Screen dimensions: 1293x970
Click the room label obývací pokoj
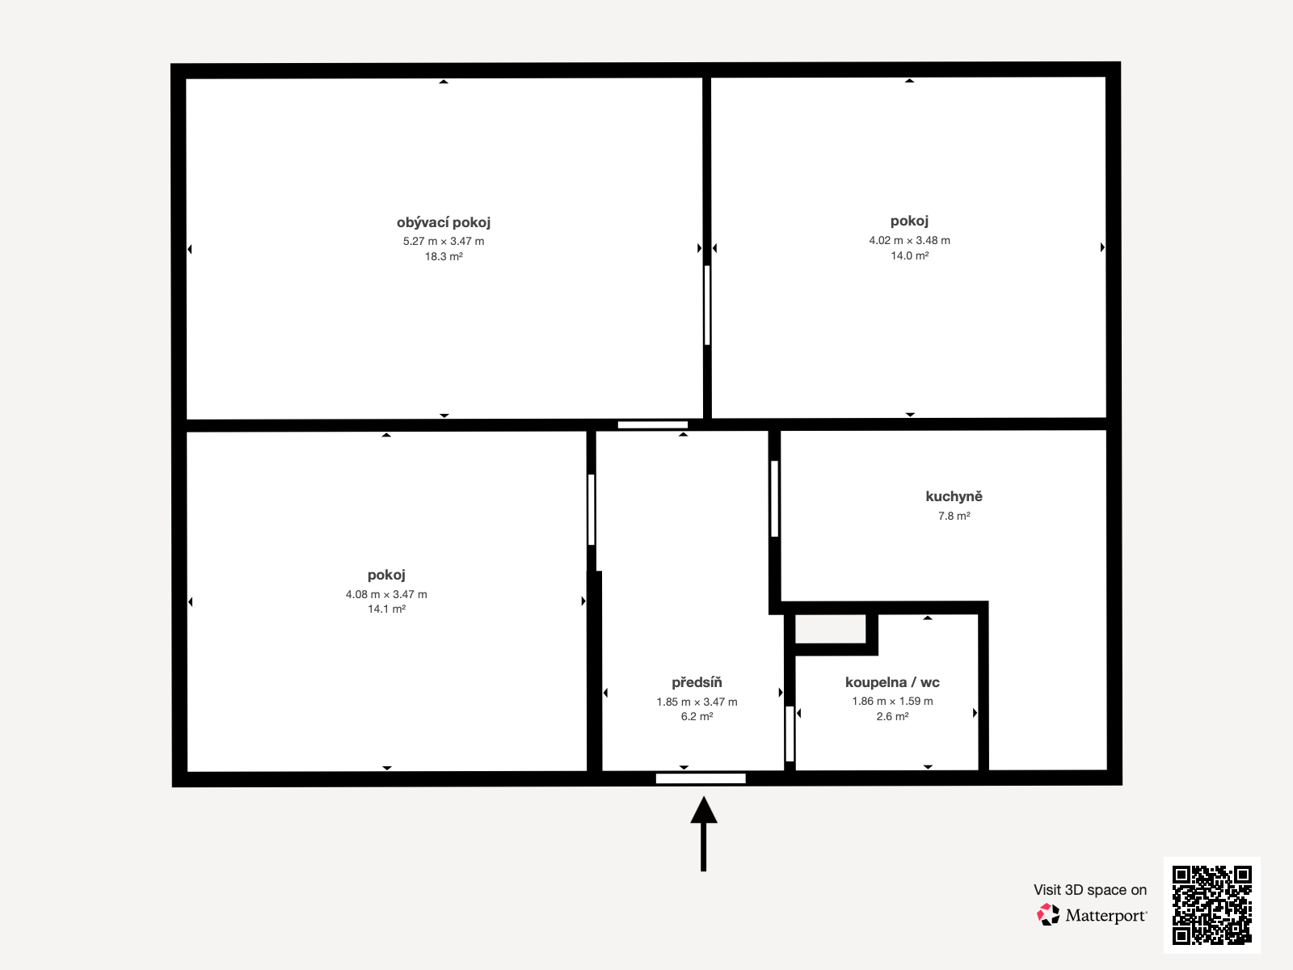pyautogui.click(x=443, y=222)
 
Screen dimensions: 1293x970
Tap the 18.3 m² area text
pyautogui.click(x=444, y=257)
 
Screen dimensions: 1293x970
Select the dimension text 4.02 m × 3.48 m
pyautogui.click(x=909, y=240)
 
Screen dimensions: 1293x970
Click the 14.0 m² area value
pyautogui.click(x=909, y=255)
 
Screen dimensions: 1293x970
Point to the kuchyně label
pyautogui.click(x=954, y=496)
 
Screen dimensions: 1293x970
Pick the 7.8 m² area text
pyautogui.click(x=954, y=516)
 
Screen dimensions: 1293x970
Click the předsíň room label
pyautogui.click(x=697, y=682)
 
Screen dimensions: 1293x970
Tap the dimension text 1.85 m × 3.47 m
pyautogui.click(x=697, y=702)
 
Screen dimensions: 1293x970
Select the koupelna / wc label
pyautogui.click(x=892, y=682)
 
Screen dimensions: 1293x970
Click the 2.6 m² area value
pyautogui.click(x=892, y=717)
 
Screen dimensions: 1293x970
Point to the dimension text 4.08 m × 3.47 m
pyautogui.click(x=386, y=594)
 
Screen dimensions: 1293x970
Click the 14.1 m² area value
pyautogui.click(x=386, y=609)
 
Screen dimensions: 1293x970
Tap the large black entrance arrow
pyautogui.click(x=703, y=833)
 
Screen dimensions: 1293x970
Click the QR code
pyautogui.click(x=1211, y=905)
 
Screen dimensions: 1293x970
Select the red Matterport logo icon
pyautogui.click(x=1048, y=915)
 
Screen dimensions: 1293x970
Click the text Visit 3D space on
pyautogui.click(x=1090, y=890)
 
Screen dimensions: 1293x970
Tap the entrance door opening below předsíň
pyautogui.click(x=701, y=778)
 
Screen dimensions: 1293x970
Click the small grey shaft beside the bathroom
pyautogui.click(x=830, y=629)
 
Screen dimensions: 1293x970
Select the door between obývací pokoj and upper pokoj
pyautogui.click(x=707, y=305)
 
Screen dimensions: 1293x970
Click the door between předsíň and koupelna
pyautogui.click(x=790, y=733)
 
